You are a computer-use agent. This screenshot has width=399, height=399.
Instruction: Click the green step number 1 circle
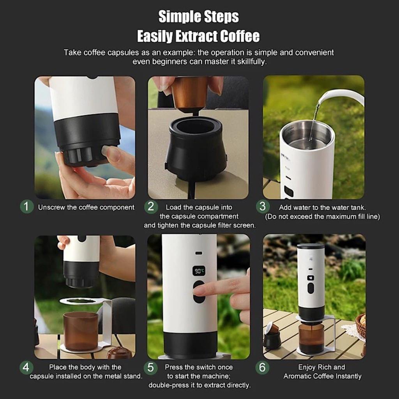tap(26, 207)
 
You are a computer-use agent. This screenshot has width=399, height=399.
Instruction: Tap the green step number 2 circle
tap(151, 207)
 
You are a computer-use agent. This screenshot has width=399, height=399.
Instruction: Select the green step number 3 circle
tap(263, 207)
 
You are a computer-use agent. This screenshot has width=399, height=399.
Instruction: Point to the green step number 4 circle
tap(26, 367)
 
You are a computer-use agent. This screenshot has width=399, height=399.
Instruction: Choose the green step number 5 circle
tap(150, 368)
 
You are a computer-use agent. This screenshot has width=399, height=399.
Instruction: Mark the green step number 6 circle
tap(262, 367)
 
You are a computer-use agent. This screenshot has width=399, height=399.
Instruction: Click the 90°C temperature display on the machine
tap(199, 271)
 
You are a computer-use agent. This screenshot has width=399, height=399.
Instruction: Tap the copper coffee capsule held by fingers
tap(190, 94)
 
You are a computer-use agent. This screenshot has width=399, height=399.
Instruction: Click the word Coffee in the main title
tap(240, 36)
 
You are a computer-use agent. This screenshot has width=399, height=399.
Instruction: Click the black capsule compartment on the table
tap(196, 150)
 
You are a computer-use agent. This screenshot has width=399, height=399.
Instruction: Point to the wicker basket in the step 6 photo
tap(361, 326)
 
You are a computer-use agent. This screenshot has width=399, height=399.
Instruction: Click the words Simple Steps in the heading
tap(198, 17)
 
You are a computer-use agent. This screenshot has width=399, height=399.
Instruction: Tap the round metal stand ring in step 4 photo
tap(81, 301)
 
